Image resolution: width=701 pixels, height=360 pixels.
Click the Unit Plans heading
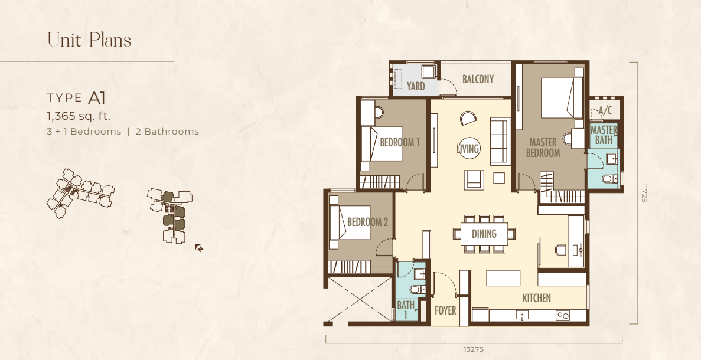click(x=89, y=40)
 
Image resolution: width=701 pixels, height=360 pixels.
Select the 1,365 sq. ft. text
click(x=79, y=116)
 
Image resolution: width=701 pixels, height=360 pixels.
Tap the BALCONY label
click(x=478, y=79)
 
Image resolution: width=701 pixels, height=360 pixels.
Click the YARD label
click(x=416, y=86)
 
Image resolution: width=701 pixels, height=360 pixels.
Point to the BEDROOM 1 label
click(x=400, y=142)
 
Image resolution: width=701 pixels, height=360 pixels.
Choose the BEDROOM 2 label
click(x=367, y=222)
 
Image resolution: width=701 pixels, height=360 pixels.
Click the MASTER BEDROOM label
click(x=543, y=148)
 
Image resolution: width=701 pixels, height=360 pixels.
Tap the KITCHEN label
click(x=536, y=298)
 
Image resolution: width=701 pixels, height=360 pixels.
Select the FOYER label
click(x=445, y=310)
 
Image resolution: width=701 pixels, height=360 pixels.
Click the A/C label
click(x=605, y=110)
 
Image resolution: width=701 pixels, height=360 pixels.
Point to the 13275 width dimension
click(x=474, y=349)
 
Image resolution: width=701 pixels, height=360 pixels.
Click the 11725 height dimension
click(x=644, y=193)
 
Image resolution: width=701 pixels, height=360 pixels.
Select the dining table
click(x=484, y=234)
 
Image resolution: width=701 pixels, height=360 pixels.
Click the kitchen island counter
click(x=503, y=278)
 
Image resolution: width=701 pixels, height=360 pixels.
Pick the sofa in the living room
click(x=500, y=142)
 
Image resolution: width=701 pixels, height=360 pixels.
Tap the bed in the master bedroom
click(x=562, y=99)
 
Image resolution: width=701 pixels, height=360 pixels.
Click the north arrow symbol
click(x=200, y=248)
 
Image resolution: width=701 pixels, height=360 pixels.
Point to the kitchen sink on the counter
click(x=521, y=315)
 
